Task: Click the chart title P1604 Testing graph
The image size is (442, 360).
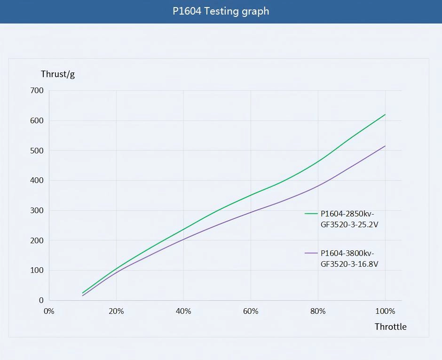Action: [221, 11]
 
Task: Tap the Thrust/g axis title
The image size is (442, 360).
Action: [58, 74]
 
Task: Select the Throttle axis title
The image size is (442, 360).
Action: [390, 327]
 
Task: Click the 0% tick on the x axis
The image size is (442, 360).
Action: [49, 311]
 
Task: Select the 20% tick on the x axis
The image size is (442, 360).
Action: [116, 311]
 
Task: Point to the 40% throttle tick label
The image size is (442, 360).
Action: [183, 311]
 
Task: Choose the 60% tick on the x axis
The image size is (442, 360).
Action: [251, 311]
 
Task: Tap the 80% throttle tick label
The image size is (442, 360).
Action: [318, 311]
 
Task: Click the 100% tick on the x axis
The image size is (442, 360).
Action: [385, 311]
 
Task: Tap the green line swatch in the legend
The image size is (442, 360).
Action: [311, 214]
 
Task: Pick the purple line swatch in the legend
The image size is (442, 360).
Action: [311, 253]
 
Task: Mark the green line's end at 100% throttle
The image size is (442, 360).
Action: [385, 114]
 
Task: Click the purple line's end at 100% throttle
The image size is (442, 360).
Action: [385, 146]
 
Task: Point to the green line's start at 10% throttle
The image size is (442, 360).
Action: [83, 293]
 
